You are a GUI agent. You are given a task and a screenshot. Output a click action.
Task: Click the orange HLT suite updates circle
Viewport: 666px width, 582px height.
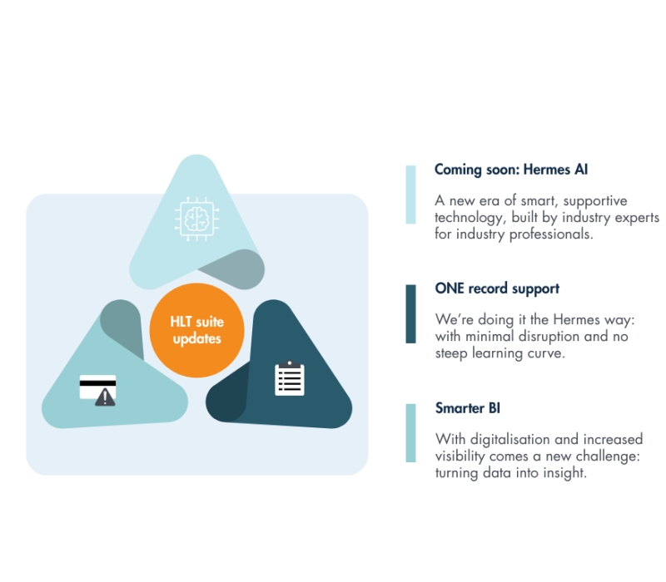pyautogui.click(x=196, y=330)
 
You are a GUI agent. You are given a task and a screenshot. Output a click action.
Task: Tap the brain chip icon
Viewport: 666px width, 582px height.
pyautogui.click(x=196, y=218)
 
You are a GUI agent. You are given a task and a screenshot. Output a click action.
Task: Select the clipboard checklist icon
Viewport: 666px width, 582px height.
pyautogui.click(x=290, y=378)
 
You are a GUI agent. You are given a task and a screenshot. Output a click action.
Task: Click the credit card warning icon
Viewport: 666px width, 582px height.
pyautogui.click(x=97, y=390)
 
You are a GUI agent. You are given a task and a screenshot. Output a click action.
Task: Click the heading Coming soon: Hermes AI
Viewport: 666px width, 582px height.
pyautogui.click(x=511, y=170)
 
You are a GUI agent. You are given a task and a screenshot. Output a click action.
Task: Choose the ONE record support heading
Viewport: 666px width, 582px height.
pyautogui.click(x=497, y=289)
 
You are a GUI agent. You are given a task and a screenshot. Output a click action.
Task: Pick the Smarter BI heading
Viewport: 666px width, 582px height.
pyautogui.click(x=468, y=408)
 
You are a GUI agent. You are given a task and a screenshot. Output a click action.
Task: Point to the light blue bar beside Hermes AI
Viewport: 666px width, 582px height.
pyautogui.click(x=410, y=195)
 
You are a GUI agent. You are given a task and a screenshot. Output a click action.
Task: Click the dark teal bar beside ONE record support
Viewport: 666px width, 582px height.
pyautogui.click(x=410, y=313)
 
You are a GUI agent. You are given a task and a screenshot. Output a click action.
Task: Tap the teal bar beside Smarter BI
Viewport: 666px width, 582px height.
pyautogui.click(x=410, y=433)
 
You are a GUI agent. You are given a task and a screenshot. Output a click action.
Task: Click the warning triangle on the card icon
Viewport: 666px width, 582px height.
pyautogui.click(x=106, y=397)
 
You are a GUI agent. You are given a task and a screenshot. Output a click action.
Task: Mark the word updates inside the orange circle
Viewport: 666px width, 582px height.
pyautogui.click(x=196, y=339)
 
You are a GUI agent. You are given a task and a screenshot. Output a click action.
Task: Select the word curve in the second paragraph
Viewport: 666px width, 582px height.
pyautogui.click(x=546, y=353)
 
